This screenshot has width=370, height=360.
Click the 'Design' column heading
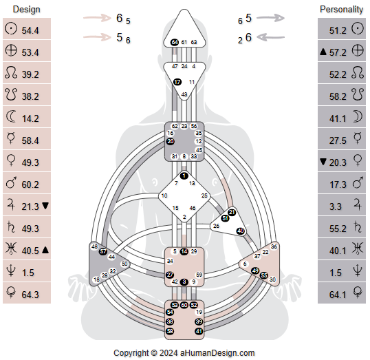[x=26, y=10]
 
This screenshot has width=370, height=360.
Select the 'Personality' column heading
[x=341, y=10]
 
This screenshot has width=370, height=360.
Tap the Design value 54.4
[x=30, y=31]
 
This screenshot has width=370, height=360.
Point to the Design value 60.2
[x=30, y=184]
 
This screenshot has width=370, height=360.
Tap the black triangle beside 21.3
[x=45, y=206]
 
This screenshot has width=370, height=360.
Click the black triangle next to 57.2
[x=323, y=52]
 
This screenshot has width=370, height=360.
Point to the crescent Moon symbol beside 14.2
[x=11, y=118]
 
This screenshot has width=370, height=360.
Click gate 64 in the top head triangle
[x=175, y=43]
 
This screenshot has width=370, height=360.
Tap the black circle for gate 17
[x=177, y=82]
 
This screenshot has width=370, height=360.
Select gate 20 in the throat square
[x=170, y=141]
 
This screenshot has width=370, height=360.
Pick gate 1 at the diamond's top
[x=184, y=176]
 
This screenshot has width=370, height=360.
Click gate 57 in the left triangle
[x=102, y=251]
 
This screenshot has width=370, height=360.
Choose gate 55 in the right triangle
[x=264, y=275]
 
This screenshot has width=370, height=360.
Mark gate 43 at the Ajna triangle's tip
[x=184, y=94]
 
